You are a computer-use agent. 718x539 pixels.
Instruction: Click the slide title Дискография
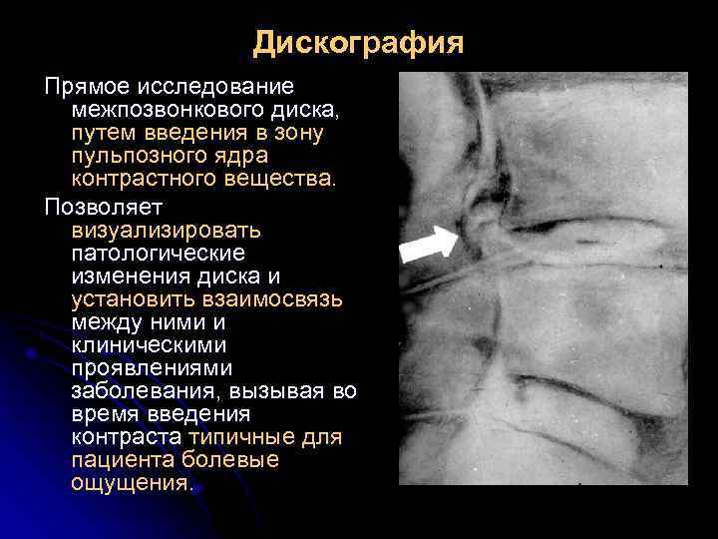(x=358, y=43)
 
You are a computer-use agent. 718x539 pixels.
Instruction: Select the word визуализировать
(x=166, y=230)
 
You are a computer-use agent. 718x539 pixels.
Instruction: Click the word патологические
(x=158, y=254)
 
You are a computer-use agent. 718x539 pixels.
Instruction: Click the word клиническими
(x=149, y=346)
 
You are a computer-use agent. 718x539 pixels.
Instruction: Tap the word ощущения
(x=130, y=484)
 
